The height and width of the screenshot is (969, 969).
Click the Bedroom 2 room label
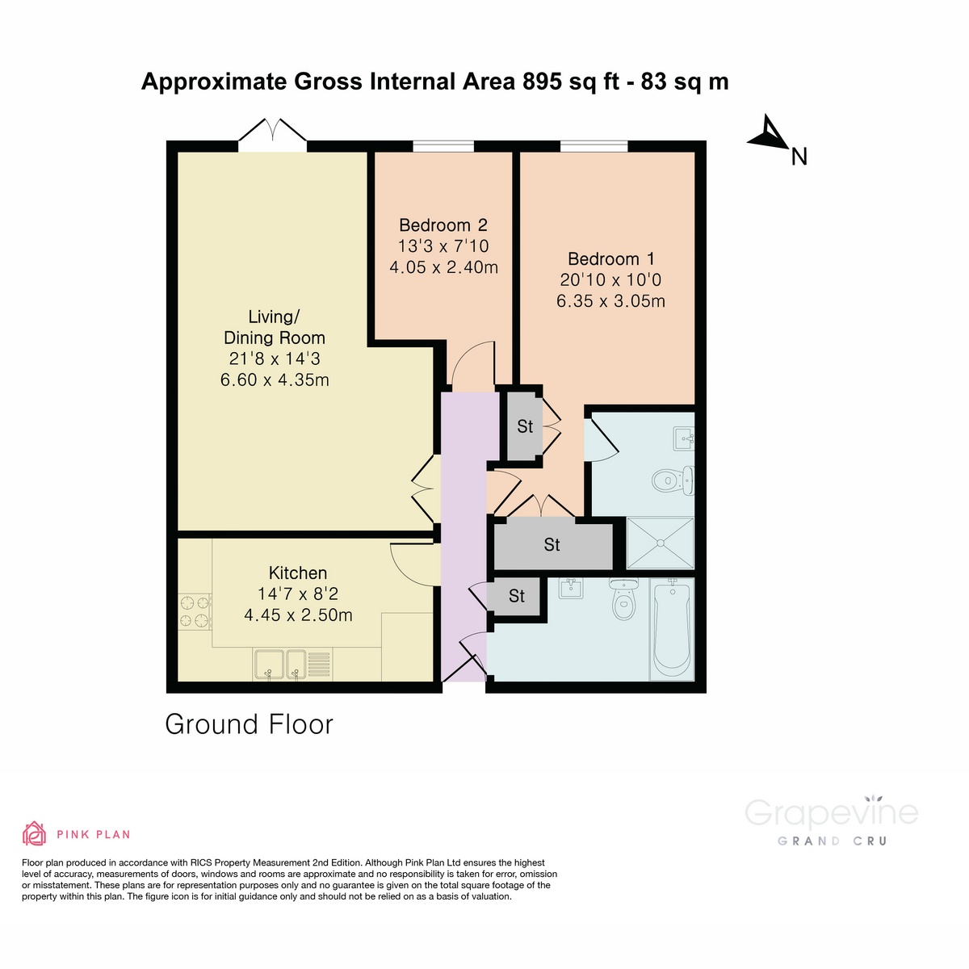[443, 225]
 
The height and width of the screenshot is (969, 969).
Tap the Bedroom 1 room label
[610, 259]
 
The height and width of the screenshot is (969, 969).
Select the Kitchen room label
[298, 573]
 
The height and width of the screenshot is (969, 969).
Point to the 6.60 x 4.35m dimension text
[275, 380]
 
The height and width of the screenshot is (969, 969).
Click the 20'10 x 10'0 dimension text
[610, 280]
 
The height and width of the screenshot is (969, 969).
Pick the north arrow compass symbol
[770, 135]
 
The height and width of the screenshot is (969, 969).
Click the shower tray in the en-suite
[661, 543]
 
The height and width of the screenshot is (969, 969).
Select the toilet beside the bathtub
[623, 599]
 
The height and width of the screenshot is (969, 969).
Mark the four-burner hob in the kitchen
[195, 611]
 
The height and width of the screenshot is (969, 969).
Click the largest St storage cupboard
[553, 545]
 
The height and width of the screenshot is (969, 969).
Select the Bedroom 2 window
[443, 146]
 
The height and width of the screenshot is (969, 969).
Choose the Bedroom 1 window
[594, 146]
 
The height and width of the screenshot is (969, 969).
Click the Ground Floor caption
[249, 724]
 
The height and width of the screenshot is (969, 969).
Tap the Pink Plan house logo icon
[34, 833]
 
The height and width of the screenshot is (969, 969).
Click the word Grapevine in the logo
[831, 812]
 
